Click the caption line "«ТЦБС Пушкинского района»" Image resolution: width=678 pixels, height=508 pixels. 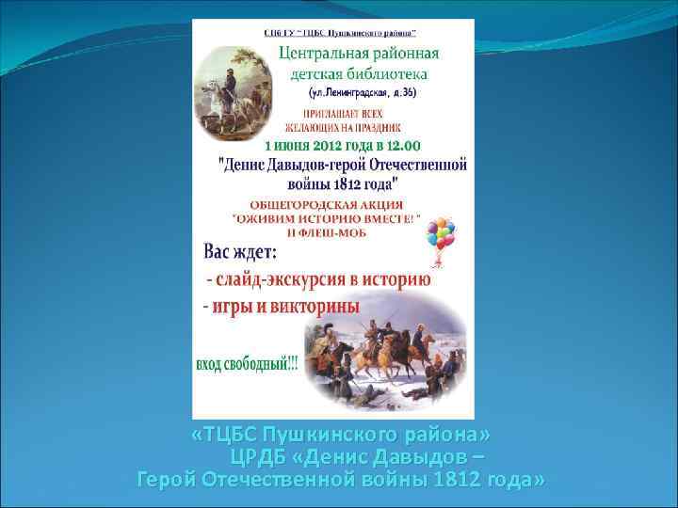[340, 437]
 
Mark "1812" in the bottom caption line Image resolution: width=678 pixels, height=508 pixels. [458, 480]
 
